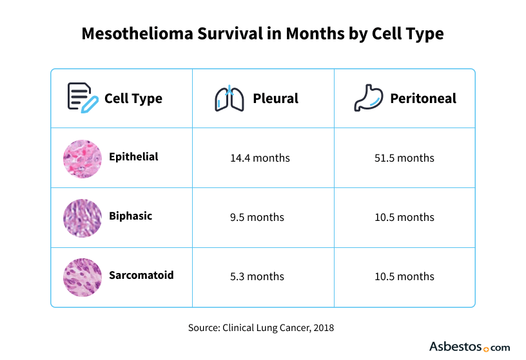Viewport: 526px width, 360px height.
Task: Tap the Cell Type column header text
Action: coord(133,99)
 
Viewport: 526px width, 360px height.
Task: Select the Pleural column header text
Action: coord(275,99)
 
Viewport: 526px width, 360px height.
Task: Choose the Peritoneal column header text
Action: coord(423,99)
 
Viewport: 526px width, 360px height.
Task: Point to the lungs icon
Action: coord(229,98)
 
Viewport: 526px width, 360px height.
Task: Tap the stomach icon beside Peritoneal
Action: coord(368,98)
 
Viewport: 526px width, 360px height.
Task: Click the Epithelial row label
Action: coord(133,156)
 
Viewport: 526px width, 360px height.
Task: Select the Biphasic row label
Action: coord(130,216)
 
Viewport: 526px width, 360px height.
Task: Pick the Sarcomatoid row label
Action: coord(141,275)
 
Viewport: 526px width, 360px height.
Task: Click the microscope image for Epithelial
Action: coord(83,158)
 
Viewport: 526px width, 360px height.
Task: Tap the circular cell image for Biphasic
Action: coord(83,218)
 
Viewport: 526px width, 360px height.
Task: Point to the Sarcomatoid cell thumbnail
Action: coord(83,277)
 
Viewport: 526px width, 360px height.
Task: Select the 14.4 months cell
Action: coord(260,158)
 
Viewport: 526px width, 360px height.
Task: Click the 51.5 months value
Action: coord(404,158)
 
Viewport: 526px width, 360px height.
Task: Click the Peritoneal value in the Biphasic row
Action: coord(404,218)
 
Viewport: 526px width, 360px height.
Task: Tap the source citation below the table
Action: coord(261,328)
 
